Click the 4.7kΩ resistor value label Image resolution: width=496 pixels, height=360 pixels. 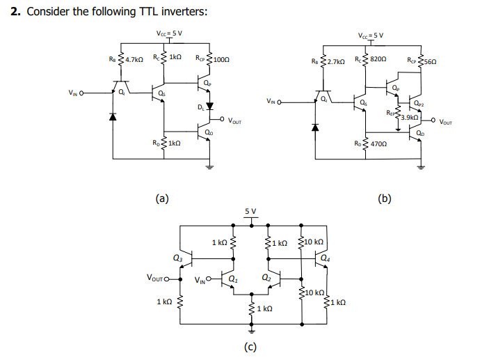134,61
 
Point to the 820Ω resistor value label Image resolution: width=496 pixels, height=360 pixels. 381,61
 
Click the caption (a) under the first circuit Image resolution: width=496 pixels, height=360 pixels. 161,198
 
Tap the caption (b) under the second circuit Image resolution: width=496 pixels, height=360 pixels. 384,198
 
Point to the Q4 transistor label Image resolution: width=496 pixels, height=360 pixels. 326,258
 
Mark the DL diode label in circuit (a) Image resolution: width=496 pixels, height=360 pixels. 200,108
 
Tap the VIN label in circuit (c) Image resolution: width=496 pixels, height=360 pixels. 201,281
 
